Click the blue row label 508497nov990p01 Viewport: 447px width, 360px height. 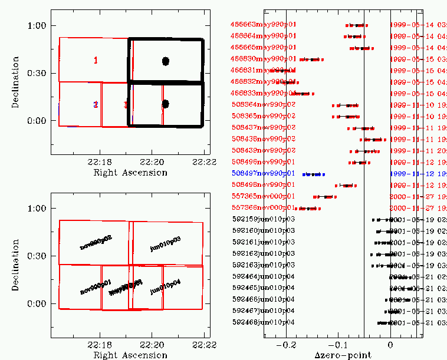(x=263, y=174)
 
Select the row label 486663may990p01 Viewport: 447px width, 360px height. (x=263, y=25)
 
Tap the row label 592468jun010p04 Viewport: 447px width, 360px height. (x=263, y=322)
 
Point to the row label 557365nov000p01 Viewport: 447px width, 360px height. (x=263, y=196)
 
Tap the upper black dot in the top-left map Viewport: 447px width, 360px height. (x=166, y=61)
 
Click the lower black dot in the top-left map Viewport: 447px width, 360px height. (x=166, y=104)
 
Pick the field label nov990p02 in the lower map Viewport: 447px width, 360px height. (x=96, y=242)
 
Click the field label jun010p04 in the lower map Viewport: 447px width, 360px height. (x=166, y=288)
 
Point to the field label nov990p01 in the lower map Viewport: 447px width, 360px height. (x=96, y=288)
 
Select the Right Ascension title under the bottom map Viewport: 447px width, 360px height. (x=130, y=355)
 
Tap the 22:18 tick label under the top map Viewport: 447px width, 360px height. (x=99, y=161)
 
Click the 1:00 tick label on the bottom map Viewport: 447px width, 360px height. (x=40, y=208)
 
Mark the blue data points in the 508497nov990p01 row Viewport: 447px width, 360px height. (x=313, y=174)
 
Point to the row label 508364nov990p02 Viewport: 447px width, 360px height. (x=263, y=105)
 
